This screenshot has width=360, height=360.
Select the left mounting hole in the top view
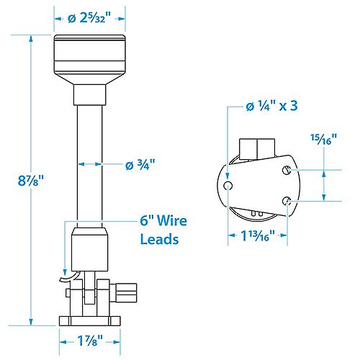[x=228, y=186]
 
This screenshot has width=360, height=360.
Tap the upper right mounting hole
[x=287, y=170]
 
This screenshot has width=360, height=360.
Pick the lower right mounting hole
[x=287, y=202]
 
